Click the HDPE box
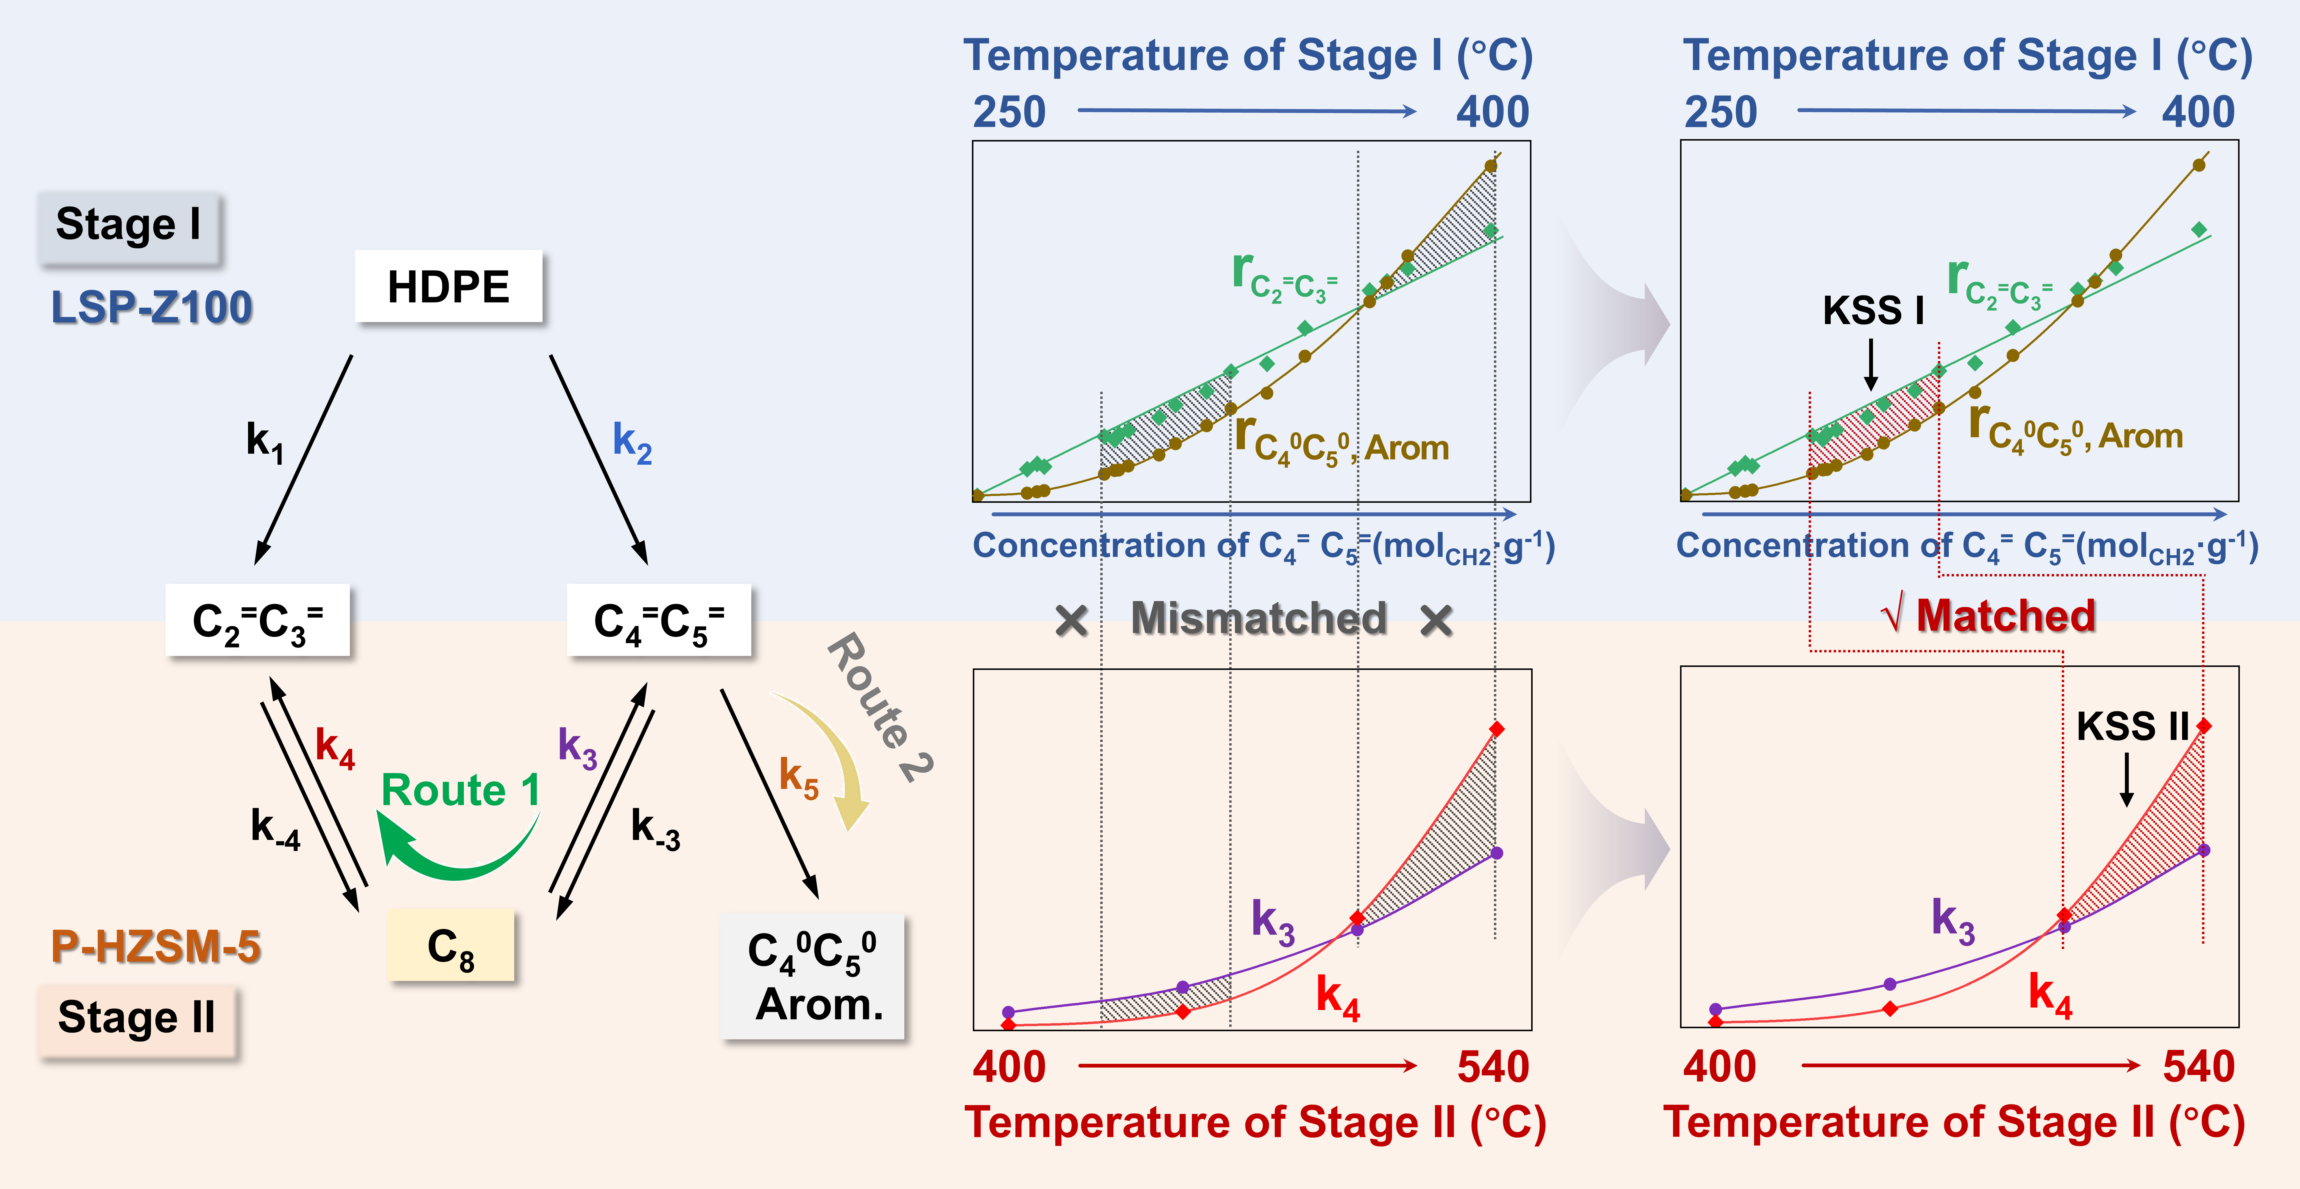(x=448, y=287)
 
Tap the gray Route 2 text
(x=879, y=706)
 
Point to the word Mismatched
(x=1259, y=618)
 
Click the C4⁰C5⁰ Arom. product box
(x=813, y=976)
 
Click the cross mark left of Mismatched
(x=1071, y=620)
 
